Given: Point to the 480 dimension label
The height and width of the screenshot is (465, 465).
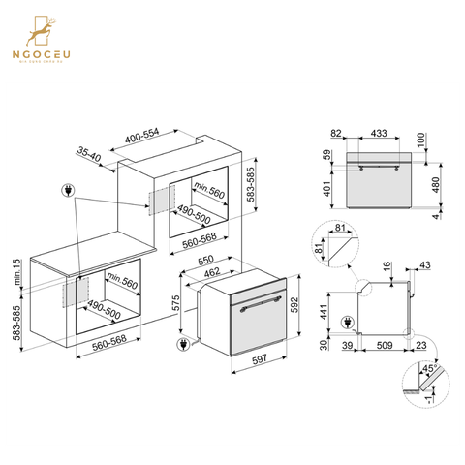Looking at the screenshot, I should tap(437, 184).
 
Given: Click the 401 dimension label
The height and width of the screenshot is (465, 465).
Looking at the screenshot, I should tap(327, 189).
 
